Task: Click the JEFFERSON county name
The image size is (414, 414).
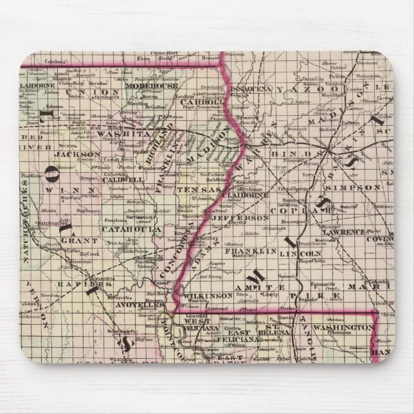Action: click(x=249, y=217)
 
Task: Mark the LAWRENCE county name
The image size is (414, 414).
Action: click(x=354, y=226)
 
